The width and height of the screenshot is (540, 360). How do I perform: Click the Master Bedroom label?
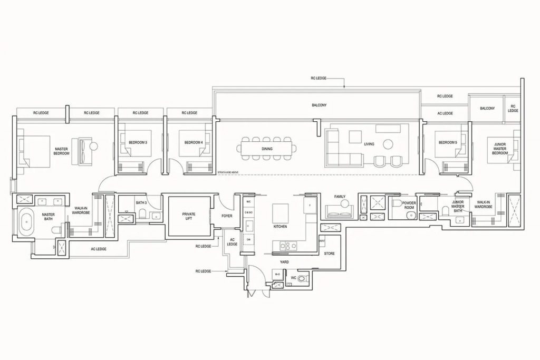tap(62, 151)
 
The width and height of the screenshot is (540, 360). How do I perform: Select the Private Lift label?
tap(189, 216)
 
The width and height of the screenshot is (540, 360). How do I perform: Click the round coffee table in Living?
tap(388, 143)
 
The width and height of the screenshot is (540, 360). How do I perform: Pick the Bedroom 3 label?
tap(138, 142)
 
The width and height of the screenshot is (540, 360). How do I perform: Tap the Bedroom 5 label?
tap(448, 142)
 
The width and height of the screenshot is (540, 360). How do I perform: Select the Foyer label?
tap(227, 216)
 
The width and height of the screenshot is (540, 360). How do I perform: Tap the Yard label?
tap(284, 261)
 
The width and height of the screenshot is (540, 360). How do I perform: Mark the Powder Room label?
tap(409, 205)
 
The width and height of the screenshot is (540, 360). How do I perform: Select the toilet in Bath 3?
tap(142, 213)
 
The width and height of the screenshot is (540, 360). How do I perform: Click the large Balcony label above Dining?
tap(319, 105)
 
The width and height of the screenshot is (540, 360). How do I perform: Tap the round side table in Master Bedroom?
tap(94, 145)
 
